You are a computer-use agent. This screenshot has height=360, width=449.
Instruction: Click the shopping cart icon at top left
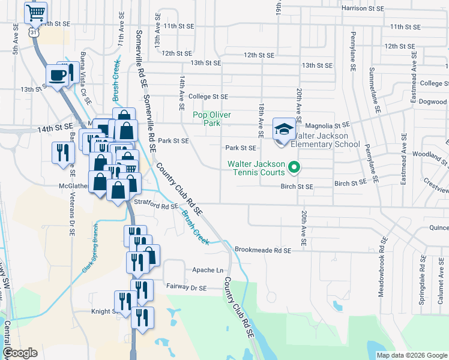pos(36,11)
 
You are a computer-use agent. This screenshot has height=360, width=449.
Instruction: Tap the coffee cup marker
pos(58,75)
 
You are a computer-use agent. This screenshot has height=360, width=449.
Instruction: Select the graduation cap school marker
pos(284,128)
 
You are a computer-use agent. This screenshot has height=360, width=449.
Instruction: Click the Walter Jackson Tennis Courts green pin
pos(294,167)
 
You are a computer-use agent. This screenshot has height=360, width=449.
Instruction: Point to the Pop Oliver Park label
pos(212,118)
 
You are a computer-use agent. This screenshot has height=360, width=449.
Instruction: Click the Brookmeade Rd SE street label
pos(263,250)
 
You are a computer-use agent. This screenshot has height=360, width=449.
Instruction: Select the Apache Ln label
pos(203,270)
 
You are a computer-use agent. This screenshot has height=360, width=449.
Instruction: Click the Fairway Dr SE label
pos(186,288)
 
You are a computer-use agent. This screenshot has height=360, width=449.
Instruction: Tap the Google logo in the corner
pos(20,353)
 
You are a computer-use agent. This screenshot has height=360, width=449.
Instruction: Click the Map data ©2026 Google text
pos(411,355)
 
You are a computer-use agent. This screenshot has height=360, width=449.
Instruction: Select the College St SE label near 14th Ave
pos(208,96)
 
